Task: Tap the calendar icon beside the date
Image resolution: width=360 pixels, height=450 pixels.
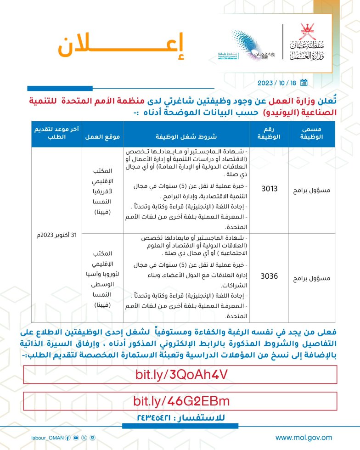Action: point(303,83)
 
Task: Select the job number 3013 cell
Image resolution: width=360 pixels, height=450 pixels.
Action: point(266,188)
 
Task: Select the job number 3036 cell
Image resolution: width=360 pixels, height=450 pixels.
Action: point(266,277)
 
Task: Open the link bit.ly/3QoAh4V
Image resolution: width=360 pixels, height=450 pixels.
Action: point(180,374)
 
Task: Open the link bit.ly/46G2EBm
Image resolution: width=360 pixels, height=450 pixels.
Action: point(181,401)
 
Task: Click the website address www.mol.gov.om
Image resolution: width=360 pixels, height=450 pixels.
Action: point(304,438)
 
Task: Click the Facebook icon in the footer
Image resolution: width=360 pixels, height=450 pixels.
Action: point(68,438)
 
